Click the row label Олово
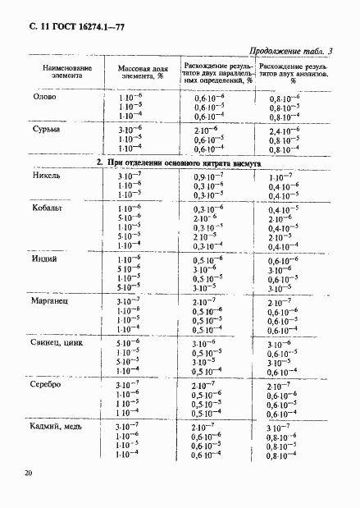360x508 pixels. click(44, 98)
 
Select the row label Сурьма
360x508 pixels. click(47, 129)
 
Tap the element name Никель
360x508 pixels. click(47, 176)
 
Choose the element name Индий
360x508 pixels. click(46, 259)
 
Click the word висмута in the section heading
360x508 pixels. click(244, 162)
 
